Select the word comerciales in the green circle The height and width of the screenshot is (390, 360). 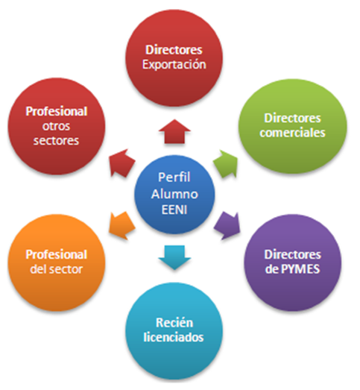coord(294,133)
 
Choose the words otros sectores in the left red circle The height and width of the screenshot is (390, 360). coord(52,133)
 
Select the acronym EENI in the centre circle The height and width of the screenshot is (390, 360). coord(180,207)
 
